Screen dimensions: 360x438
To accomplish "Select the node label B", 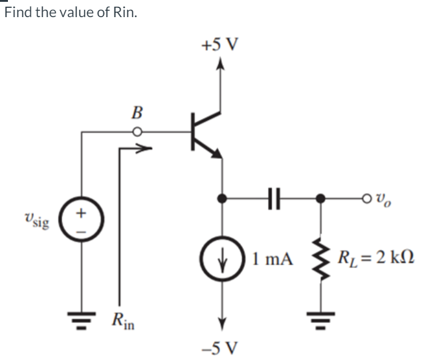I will pos(138,112).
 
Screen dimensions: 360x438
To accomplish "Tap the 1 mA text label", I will pos(272,252).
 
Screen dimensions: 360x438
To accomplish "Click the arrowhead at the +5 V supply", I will pos(221,63).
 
